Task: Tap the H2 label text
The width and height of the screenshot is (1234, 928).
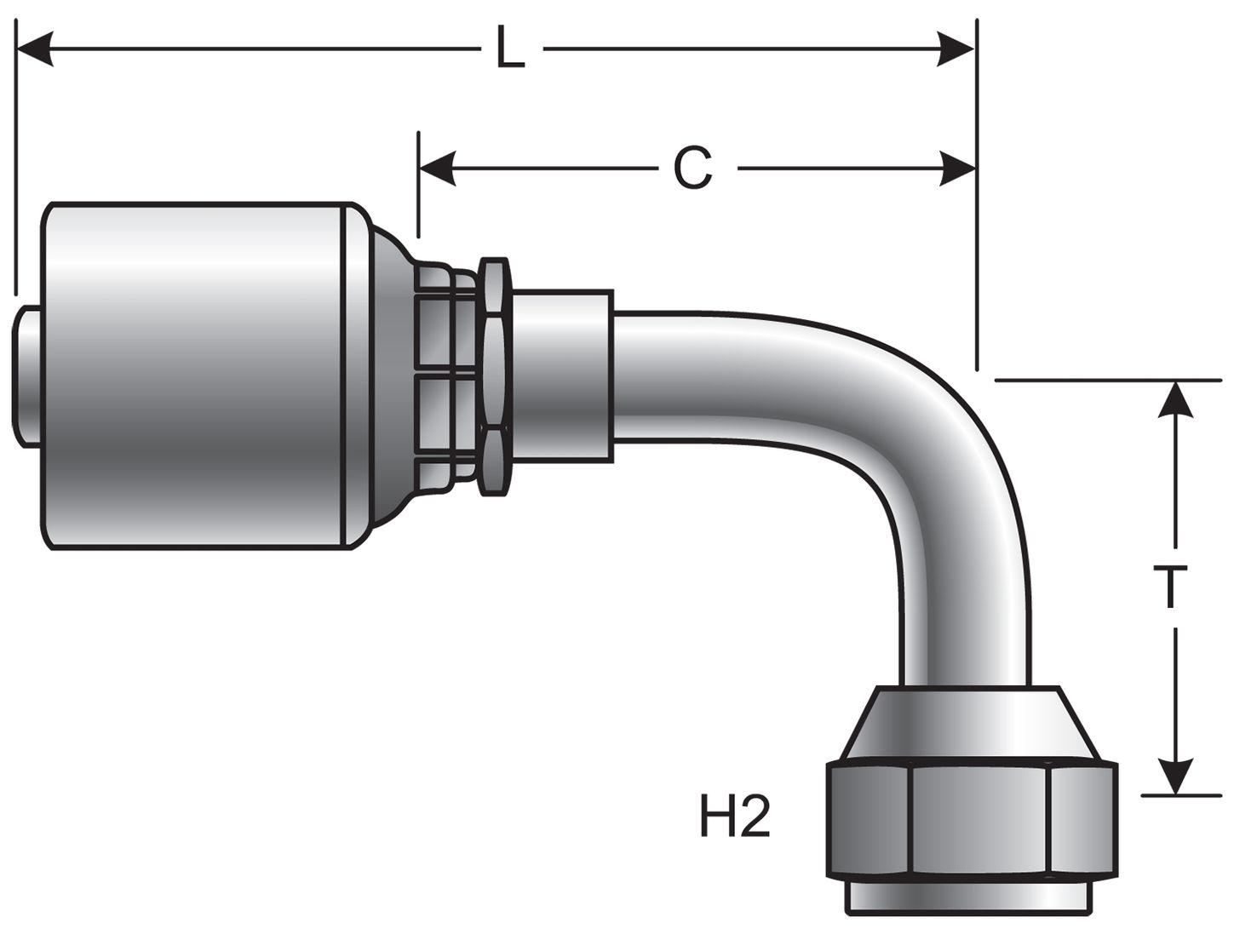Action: coord(735,818)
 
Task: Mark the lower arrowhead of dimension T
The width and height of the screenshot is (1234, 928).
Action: coord(1176,776)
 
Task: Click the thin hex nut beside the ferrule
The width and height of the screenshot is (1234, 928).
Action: coord(493,375)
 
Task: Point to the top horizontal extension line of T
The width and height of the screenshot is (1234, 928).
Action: coord(1107,380)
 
